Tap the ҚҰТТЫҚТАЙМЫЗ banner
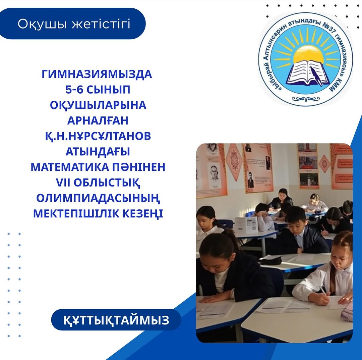pos(116,320)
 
